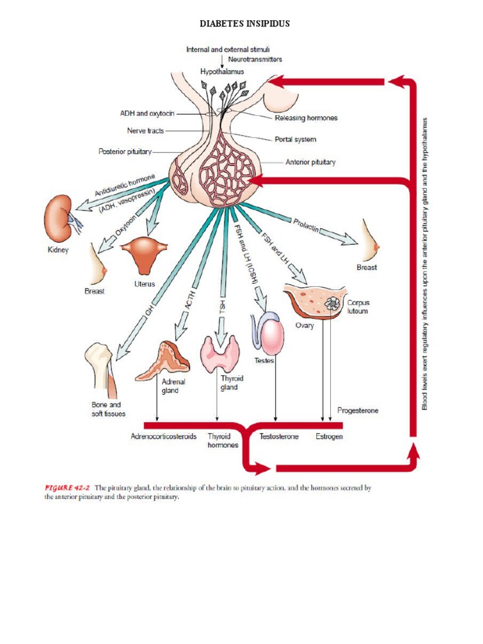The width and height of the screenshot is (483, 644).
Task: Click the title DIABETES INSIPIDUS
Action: click(245, 24)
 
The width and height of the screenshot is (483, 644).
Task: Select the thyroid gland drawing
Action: click(219, 353)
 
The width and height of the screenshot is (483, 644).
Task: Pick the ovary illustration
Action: click(314, 302)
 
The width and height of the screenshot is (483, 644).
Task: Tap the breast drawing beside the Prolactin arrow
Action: click(371, 240)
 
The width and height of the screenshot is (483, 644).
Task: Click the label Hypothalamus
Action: click(222, 72)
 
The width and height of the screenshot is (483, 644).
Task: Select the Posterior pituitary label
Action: click(125, 152)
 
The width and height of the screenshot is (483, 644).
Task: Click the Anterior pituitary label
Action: click(310, 162)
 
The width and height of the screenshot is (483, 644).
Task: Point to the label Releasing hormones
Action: click(306, 118)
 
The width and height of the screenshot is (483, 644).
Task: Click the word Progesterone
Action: click(358, 410)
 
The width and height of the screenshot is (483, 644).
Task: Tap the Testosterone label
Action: click(279, 436)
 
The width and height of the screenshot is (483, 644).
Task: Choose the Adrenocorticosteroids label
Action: click(164, 436)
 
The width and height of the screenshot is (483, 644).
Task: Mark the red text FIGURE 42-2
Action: click(67, 487)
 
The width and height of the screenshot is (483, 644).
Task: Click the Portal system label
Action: click(295, 139)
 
